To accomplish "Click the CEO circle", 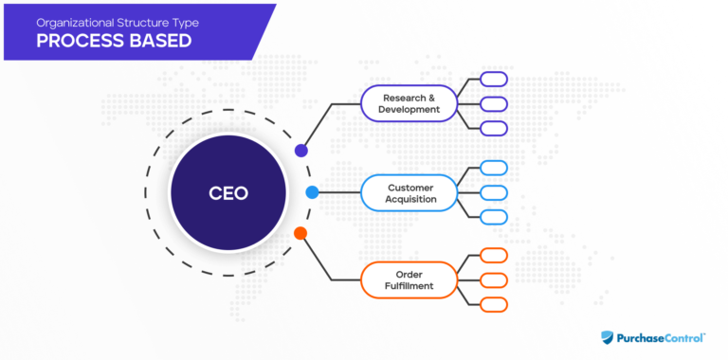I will coord(227,192).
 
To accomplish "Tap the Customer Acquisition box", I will coord(409,192).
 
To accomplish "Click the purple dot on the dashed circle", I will coord(301,150).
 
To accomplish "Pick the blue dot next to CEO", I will coord(312,192).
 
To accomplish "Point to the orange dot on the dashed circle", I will coord(300,233).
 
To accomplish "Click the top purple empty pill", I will coord(494,80).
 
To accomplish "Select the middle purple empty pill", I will coord(494,103).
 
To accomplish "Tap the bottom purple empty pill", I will coord(494,128).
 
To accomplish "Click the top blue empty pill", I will coord(494,168).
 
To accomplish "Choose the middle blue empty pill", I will coord(494,192).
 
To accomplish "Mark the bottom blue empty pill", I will coord(494,217).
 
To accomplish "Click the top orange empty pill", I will coord(494,256).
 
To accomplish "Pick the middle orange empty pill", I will coord(494,280).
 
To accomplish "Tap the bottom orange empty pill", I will coord(494,304).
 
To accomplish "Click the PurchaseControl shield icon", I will coord(609,336).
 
